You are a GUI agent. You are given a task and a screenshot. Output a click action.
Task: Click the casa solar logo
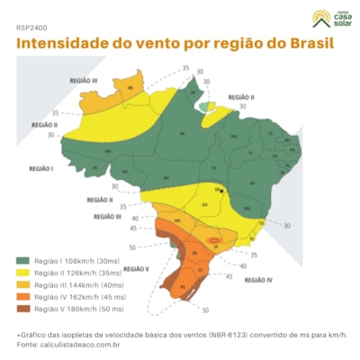coord(319,18)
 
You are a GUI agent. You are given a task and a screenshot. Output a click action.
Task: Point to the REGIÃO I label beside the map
coord(41,167)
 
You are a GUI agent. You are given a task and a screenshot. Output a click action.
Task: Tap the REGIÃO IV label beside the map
coord(256,280)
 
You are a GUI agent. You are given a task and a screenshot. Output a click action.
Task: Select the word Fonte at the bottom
coord(27,344)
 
